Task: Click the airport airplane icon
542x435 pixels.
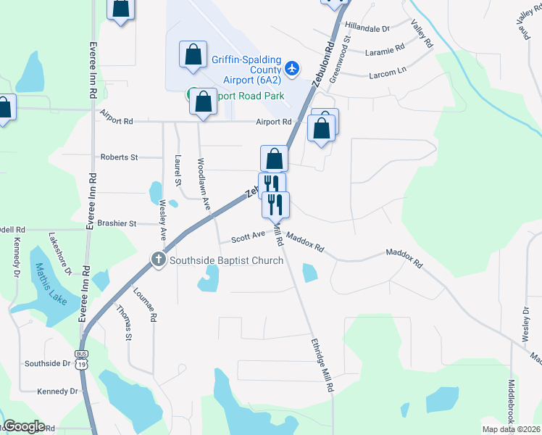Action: [291, 68]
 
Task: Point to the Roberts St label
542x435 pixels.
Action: [119, 157]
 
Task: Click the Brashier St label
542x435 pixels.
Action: [118, 224]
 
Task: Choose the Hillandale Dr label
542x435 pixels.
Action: [367, 27]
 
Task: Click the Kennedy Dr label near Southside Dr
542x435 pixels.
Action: [57, 391]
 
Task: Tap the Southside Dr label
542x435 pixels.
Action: [47, 363]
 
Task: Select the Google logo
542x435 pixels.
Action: [24, 426]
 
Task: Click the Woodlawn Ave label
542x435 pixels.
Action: [205, 185]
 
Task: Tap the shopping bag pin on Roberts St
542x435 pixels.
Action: [275, 158]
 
